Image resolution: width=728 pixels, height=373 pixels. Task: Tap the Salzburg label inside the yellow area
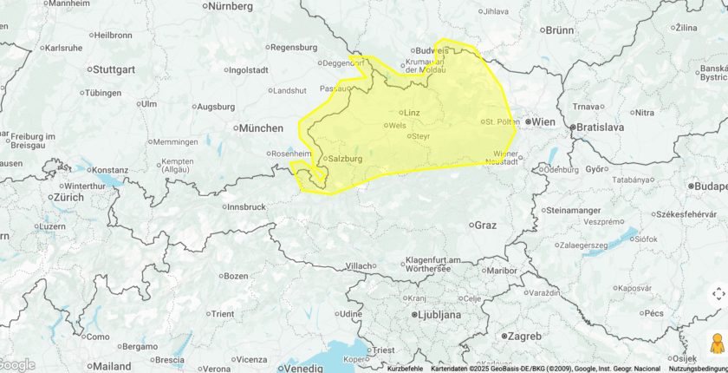pos(345,159)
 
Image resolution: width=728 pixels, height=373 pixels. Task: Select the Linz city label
pos(412,113)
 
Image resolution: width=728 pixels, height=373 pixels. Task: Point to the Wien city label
pos(543,122)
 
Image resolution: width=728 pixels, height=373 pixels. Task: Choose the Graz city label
pos(484,225)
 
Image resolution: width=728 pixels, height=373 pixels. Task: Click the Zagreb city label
pos(523,336)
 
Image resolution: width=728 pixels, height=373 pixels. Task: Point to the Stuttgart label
pos(114,69)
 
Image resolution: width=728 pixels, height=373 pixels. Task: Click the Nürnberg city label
pos(228,6)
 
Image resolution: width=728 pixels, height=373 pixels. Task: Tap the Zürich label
pos(68,197)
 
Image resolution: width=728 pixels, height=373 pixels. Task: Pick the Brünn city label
pos(559,29)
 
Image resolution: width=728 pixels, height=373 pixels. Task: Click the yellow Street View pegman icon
pos(717,344)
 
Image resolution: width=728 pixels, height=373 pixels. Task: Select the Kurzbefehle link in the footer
pos(405,369)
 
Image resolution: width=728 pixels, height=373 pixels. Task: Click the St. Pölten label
pos(502,121)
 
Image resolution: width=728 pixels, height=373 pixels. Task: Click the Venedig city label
pos(303,368)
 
